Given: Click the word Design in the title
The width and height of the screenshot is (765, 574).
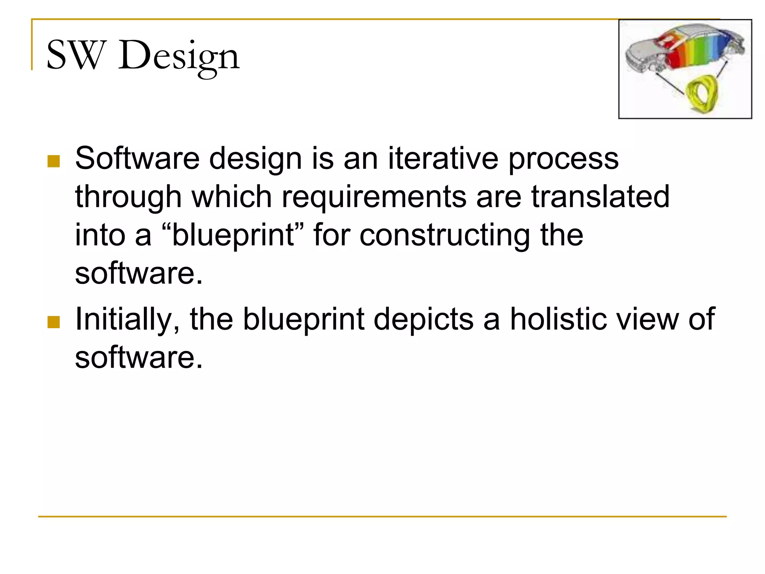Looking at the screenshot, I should tap(179, 56).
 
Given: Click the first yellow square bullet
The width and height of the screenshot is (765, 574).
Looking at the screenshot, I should tap(54, 161).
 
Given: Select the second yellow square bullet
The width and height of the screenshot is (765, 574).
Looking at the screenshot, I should tap(54, 322).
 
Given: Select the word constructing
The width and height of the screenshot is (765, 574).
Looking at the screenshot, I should tap(445, 235).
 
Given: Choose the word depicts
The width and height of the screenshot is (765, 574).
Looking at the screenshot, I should tap(424, 320).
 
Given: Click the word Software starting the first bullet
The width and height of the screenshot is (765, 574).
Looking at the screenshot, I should tap(137, 158).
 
